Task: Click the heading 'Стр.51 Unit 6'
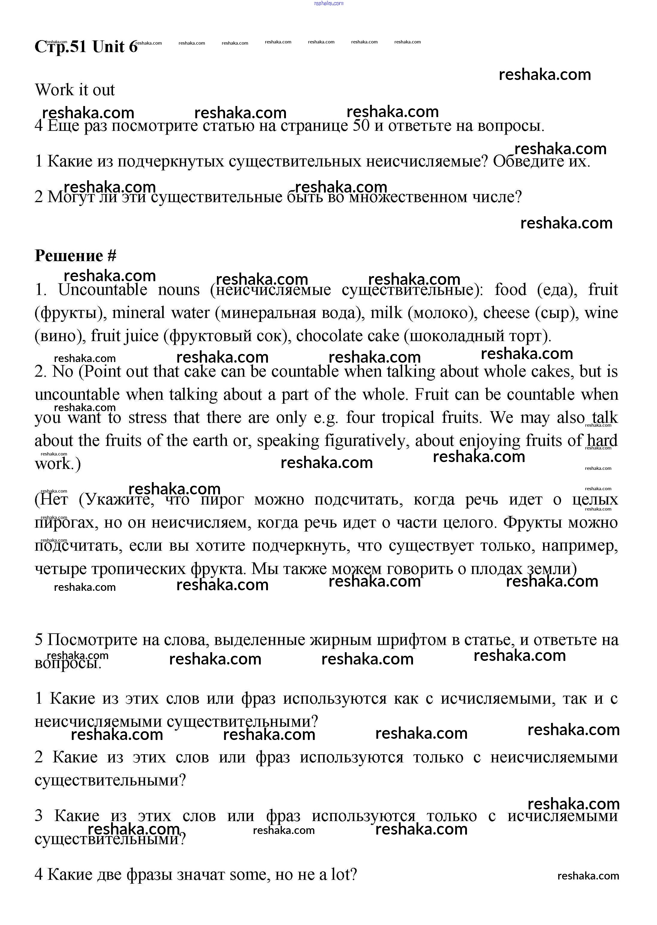click(86, 47)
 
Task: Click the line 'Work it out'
click(75, 90)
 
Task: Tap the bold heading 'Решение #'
click(76, 256)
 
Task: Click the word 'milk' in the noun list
click(386, 313)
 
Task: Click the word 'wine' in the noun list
click(601, 313)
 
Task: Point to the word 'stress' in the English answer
click(147, 417)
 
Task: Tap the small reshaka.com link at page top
click(328, 3)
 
